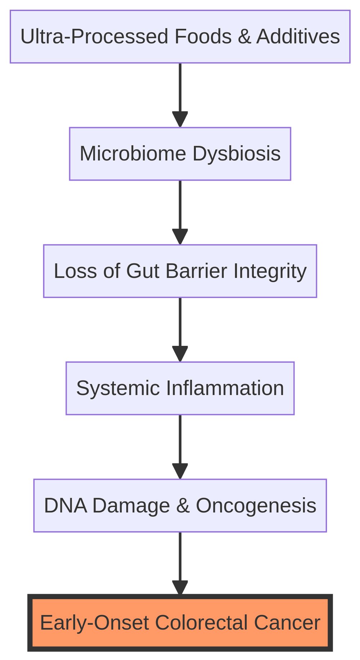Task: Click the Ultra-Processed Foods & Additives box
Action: pyautogui.click(x=180, y=37)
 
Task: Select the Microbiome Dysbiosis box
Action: pyautogui.click(x=180, y=154)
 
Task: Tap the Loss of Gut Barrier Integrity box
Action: pyautogui.click(x=180, y=271)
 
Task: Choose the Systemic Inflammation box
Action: pyautogui.click(x=180, y=388)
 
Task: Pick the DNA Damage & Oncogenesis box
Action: pyautogui.click(x=180, y=506)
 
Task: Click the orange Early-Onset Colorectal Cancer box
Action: pyautogui.click(x=180, y=623)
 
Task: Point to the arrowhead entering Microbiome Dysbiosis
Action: pyautogui.click(x=180, y=119)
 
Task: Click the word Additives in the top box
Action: pyautogui.click(x=298, y=37)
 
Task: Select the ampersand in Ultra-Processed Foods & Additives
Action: pyautogui.click(x=244, y=37)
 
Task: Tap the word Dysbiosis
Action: pyautogui.click(x=237, y=154)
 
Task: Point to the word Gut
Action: pyautogui.click(x=143, y=271)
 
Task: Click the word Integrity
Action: pyautogui.click(x=270, y=271)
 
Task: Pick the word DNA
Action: pyautogui.click(x=65, y=506)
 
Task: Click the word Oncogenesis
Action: pyautogui.click(x=256, y=506)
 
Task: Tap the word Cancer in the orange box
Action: pyautogui.click(x=287, y=623)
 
